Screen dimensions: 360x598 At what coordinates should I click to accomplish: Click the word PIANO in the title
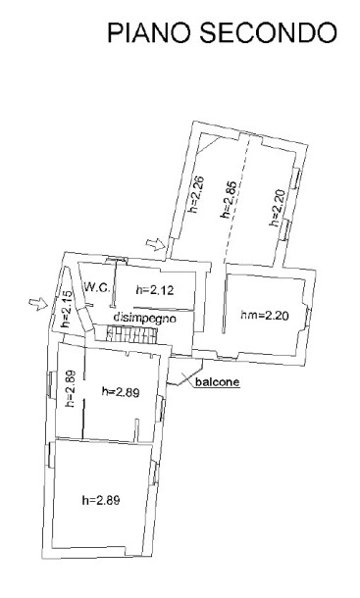pos(149,32)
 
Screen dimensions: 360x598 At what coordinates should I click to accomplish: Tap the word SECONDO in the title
pos(269,32)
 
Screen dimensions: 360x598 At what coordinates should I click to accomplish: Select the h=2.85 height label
pos(229,199)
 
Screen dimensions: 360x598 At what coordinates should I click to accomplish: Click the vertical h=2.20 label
pos(278,208)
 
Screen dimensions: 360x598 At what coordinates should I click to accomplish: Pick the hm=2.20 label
pos(265,316)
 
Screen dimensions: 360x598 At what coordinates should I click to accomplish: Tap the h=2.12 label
pos(155,290)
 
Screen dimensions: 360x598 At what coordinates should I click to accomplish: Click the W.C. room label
pos(97,287)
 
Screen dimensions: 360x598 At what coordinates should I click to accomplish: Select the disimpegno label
pos(145,318)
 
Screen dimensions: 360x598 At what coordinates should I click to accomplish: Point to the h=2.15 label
pos(66,310)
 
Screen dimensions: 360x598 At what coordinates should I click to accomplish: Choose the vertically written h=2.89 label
pos(71,389)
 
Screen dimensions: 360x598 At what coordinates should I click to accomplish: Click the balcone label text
pos(218,381)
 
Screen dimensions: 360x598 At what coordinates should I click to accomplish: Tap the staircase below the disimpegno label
pos(131,334)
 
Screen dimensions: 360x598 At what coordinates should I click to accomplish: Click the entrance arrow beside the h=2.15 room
pos(38,304)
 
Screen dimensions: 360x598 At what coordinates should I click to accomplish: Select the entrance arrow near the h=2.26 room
pos(155,244)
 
